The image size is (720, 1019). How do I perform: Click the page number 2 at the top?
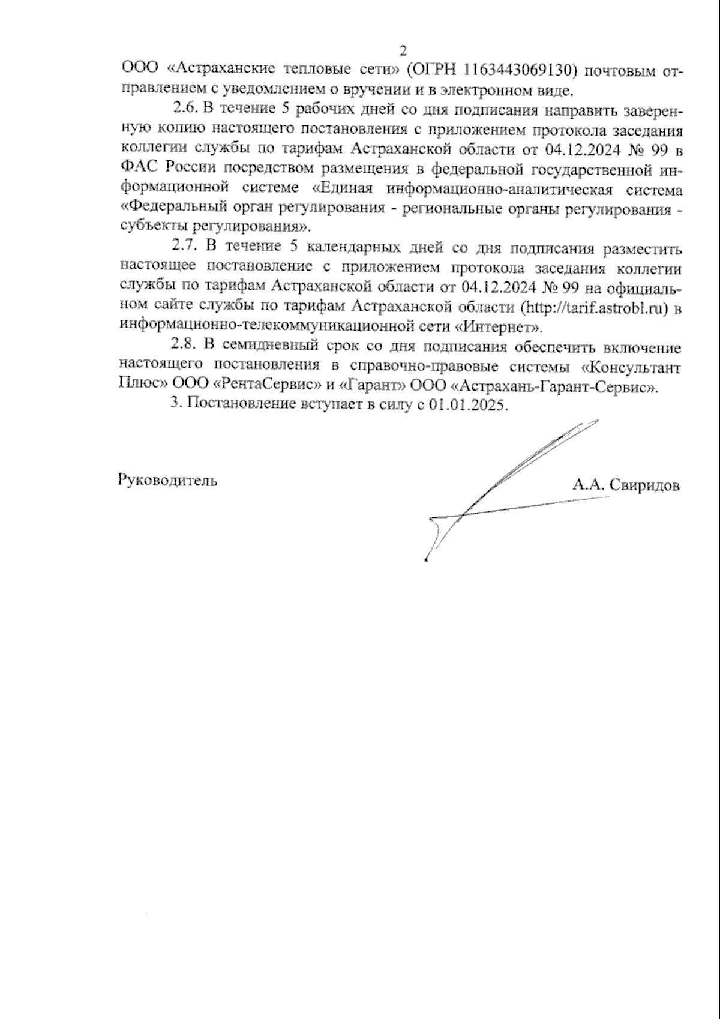403,50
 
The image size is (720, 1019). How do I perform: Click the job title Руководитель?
168,480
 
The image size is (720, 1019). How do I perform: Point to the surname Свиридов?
644,485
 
